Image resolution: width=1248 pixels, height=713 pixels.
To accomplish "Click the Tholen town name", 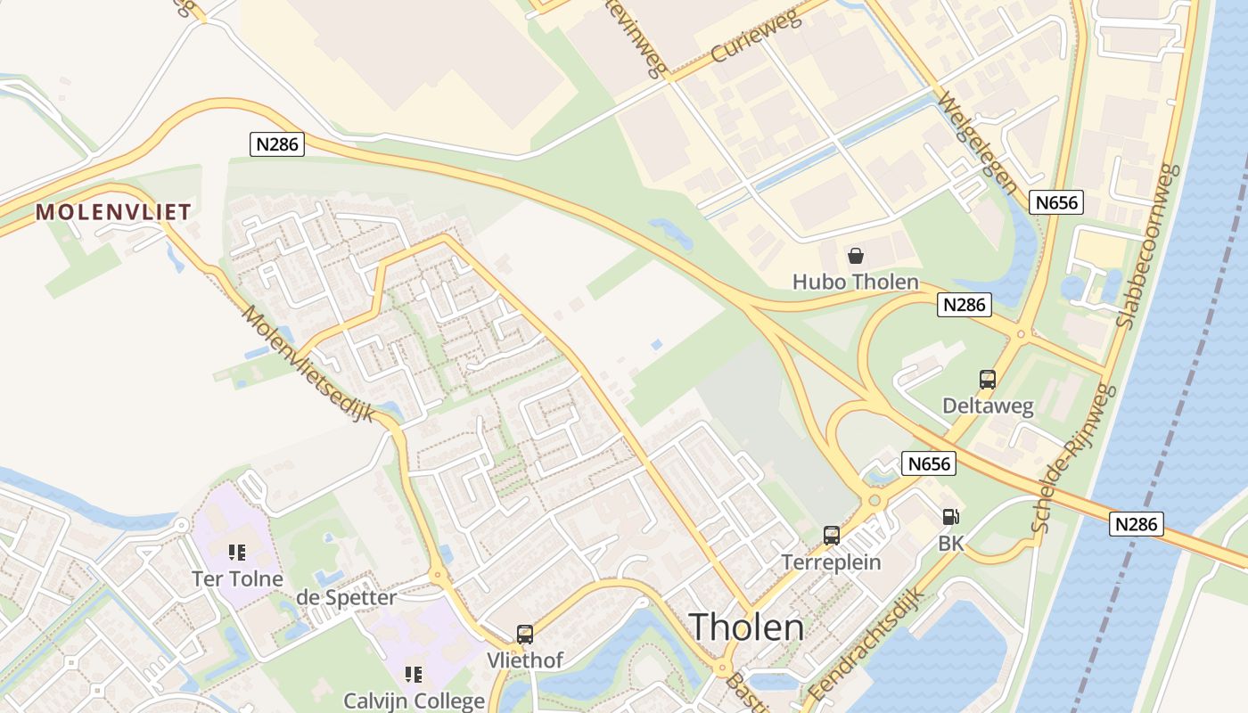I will pyautogui.click(x=746, y=627).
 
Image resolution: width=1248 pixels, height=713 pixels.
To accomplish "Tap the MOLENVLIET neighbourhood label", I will pyautogui.click(x=113, y=212).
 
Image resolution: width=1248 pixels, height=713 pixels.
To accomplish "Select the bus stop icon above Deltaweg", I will pyautogui.click(x=988, y=380).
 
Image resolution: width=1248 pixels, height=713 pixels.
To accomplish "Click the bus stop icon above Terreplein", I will pyautogui.click(x=832, y=536).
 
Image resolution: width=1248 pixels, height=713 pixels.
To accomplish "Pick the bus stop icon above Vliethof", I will pyautogui.click(x=525, y=635).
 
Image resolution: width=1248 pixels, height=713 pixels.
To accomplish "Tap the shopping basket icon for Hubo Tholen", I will pyautogui.click(x=856, y=257).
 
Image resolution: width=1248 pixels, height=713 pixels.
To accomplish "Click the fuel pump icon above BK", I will pyautogui.click(x=951, y=517).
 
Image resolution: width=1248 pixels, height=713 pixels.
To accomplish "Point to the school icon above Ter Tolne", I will pyautogui.click(x=236, y=553).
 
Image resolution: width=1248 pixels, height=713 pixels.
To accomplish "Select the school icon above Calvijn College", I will pyautogui.click(x=413, y=675).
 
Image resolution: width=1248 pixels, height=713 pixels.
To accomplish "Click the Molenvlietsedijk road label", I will pyautogui.click(x=308, y=364).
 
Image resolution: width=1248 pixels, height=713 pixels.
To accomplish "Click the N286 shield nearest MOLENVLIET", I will pyautogui.click(x=276, y=144).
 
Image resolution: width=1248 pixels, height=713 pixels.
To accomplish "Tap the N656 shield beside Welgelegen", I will pyautogui.click(x=1057, y=202).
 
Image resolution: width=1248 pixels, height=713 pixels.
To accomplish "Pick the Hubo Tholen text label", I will pyautogui.click(x=855, y=283).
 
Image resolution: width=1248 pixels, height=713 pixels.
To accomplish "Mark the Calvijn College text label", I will pyautogui.click(x=415, y=701).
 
